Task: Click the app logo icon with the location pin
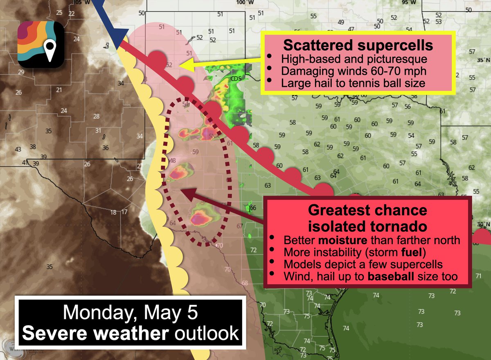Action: pos(41,45)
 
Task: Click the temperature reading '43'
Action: pos(18,149)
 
